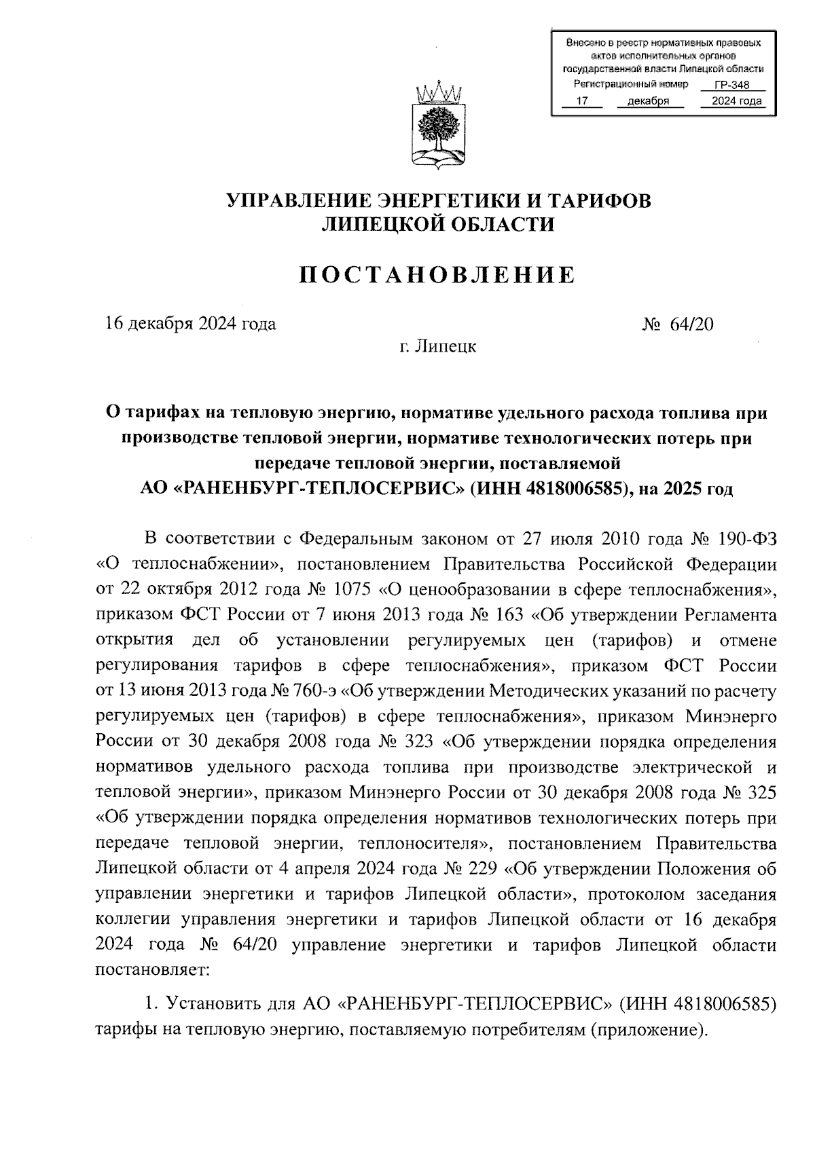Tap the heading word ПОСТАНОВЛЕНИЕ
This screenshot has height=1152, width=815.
pos(437,275)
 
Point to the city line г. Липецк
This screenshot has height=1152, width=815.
pos(437,347)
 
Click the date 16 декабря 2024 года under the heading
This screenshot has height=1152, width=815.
pos(191,324)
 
